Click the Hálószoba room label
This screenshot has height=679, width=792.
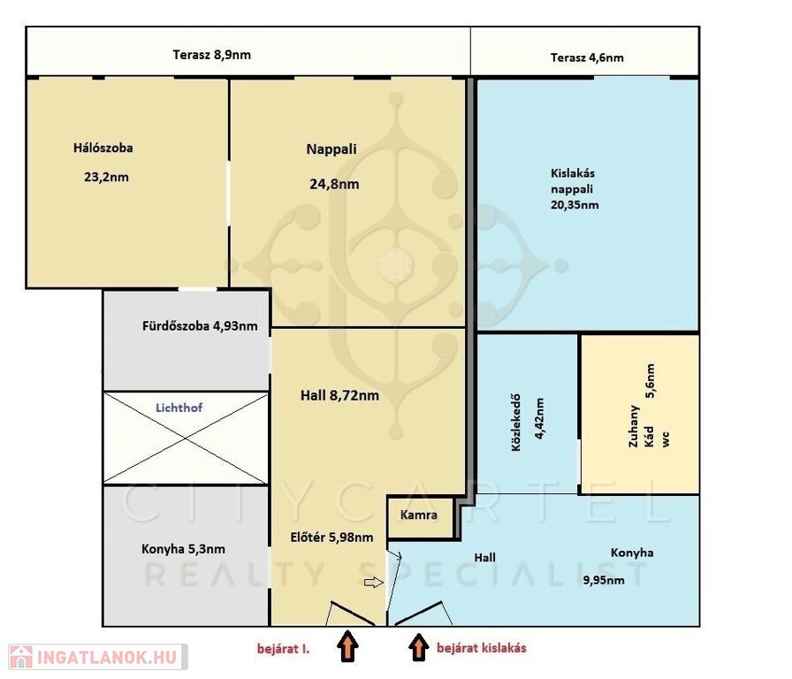point(103,148)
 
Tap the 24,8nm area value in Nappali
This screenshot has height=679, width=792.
point(334,184)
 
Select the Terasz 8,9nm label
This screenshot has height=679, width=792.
point(211,55)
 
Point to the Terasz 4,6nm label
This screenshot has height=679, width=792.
point(587,57)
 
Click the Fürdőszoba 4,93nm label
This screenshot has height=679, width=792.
point(200,326)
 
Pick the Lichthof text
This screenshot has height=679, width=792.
point(179,408)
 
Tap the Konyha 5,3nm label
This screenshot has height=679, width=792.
point(183,549)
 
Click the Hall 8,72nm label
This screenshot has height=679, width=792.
point(339,395)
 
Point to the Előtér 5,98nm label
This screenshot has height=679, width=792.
point(331,538)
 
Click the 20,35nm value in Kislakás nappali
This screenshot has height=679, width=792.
point(575,205)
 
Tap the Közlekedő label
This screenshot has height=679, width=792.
point(515,423)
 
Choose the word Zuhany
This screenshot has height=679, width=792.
point(634,426)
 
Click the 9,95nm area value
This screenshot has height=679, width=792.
point(604,580)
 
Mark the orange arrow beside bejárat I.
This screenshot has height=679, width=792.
point(348,645)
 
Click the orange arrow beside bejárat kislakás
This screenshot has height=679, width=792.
point(418,647)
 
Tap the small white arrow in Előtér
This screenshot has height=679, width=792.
point(374,583)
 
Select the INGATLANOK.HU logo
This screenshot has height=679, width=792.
point(98,657)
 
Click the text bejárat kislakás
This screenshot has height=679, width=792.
point(482,648)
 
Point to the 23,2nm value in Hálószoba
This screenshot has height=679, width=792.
point(107,178)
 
